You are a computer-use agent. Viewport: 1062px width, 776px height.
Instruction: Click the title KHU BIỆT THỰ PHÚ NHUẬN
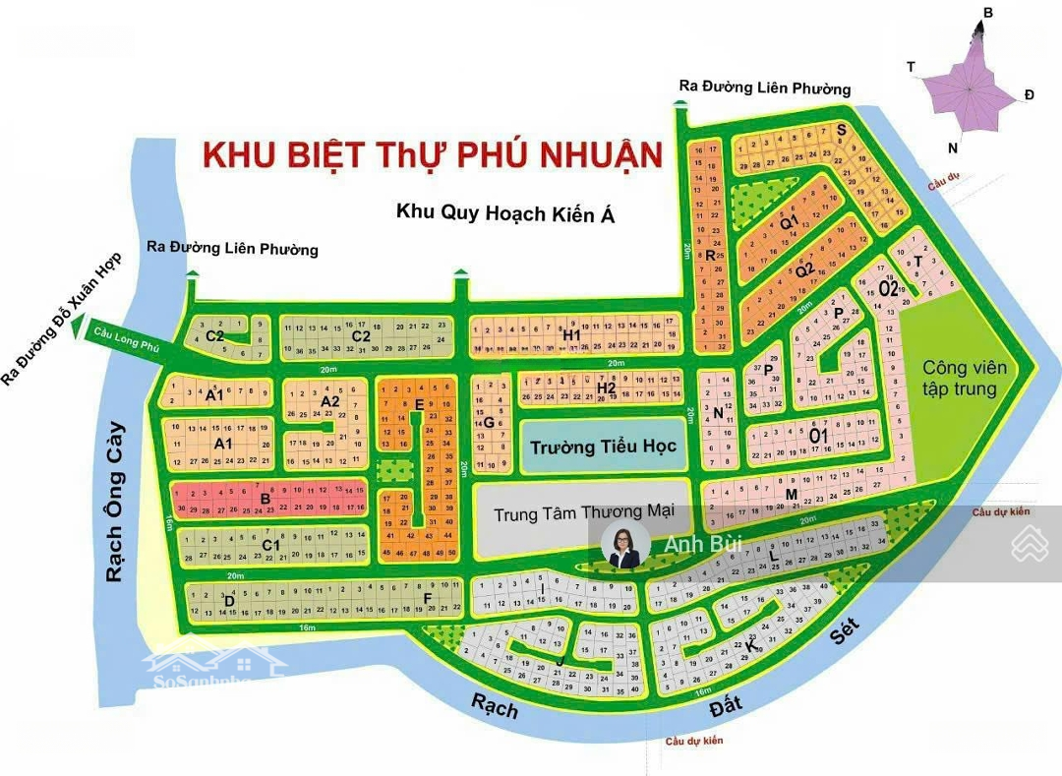432,155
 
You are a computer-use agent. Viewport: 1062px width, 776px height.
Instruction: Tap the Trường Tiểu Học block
603,447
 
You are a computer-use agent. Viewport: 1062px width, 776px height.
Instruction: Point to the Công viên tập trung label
964,378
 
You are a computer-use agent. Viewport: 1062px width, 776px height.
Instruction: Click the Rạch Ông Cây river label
116,502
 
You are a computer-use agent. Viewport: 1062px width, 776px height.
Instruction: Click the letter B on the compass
988,13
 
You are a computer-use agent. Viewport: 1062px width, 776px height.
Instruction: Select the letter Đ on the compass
1029,94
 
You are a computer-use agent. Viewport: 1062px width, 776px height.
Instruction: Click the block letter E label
419,404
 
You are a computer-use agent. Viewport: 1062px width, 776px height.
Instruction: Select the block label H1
572,334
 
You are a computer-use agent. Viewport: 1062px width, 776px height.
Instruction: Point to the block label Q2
804,269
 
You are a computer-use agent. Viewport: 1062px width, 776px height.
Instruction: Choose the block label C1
271,545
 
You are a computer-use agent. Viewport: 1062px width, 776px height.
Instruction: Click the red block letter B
265,499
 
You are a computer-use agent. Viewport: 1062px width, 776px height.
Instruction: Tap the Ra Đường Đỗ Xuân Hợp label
66,316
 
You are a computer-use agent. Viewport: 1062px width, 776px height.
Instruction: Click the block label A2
329,401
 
